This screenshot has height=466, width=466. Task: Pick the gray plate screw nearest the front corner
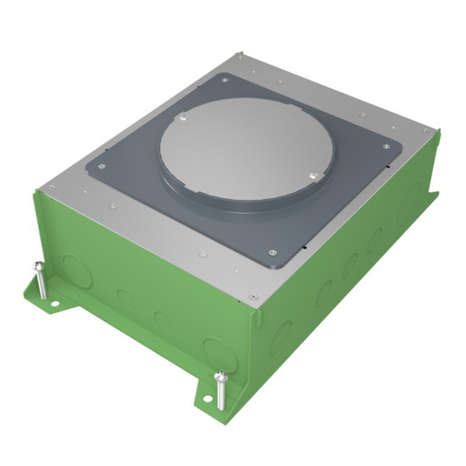[x=270, y=251]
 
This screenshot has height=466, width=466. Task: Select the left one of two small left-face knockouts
[x=124, y=297]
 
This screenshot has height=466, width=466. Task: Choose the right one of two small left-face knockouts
[x=158, y=317]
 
